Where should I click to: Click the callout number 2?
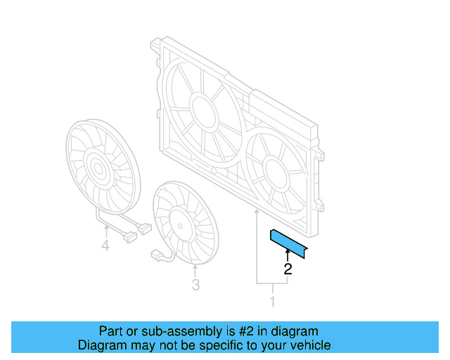tap(287, 268)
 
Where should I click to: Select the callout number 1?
tap(272, 302)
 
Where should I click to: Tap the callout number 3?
tap(195, 284)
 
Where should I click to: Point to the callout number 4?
tap(105, 245)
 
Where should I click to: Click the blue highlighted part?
tap(289, 240)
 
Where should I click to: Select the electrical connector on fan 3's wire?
tap(157, 255)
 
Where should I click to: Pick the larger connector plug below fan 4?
tap(145, 228)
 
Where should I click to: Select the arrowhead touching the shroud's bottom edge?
tap(257, 210)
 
